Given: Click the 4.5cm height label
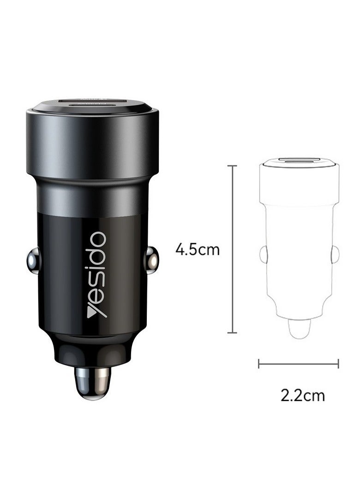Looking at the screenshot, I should [x=198, y=250].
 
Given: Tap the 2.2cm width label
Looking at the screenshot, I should [x=302, y=395].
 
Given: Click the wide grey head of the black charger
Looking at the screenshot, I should [x=92, y=138].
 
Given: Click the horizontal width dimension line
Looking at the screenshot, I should [x=298, y=364].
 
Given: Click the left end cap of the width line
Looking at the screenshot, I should [x=259, y=364].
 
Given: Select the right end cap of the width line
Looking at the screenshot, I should [x=338, y=364].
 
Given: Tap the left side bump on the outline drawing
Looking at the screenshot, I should [x=263, y=253].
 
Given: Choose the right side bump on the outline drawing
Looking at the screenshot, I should [x=336, y=253].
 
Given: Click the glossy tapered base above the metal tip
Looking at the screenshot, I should [x=92, y=351].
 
